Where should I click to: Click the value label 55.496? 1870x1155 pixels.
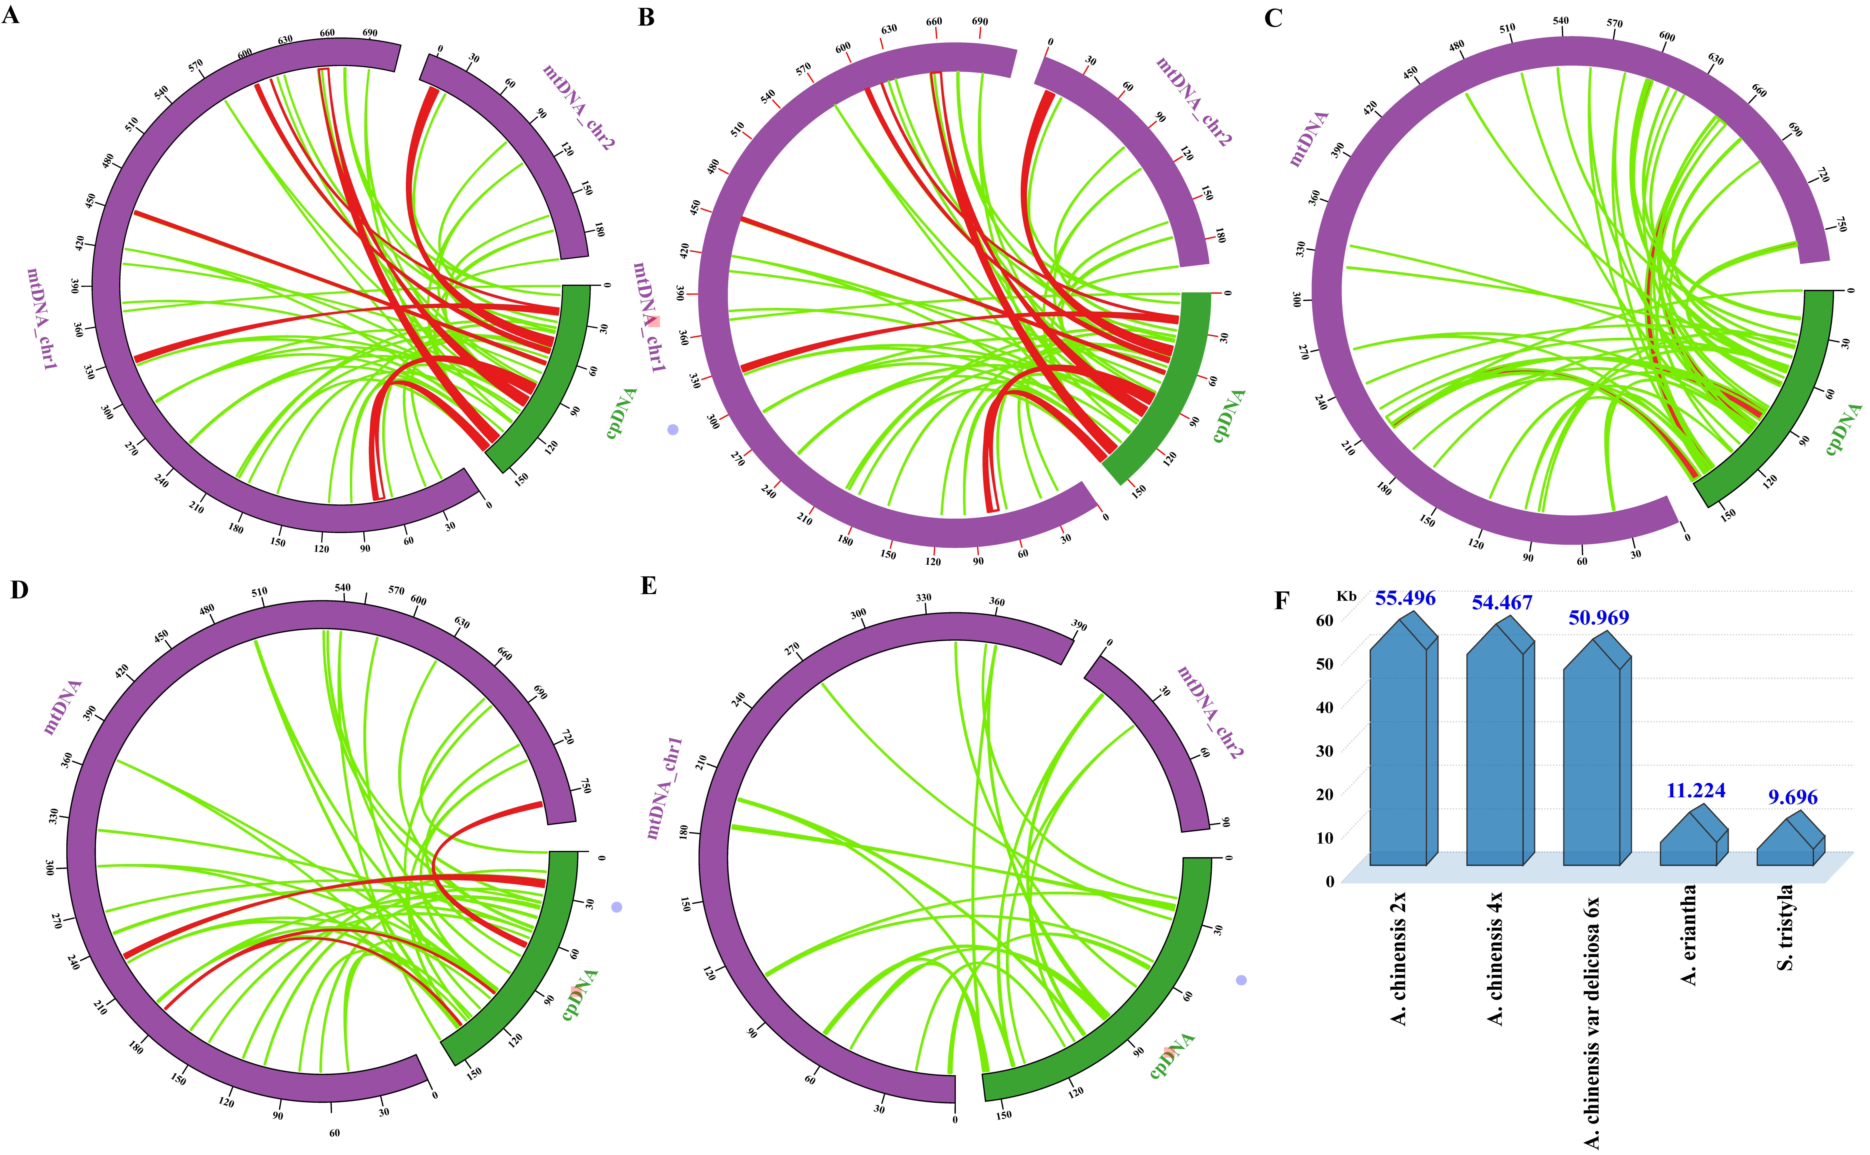pos(1405,598)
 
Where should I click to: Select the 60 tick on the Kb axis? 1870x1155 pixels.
pos(1324,620)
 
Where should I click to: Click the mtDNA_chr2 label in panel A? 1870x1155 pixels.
pos(579,107)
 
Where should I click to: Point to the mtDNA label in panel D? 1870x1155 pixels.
pos(63,707)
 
